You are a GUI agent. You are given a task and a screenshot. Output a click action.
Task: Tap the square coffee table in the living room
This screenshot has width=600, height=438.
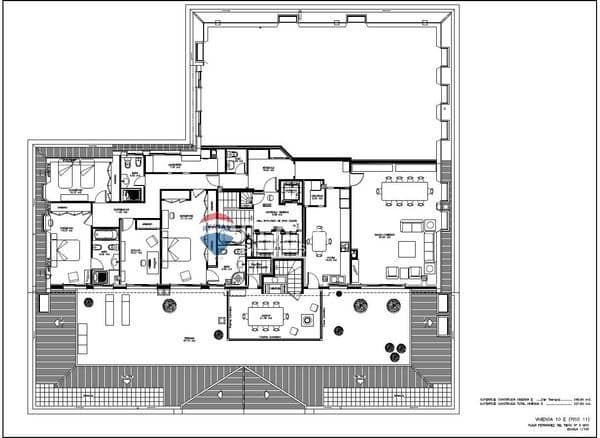click(x=408, y=249)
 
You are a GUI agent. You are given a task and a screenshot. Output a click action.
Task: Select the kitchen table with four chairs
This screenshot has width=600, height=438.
click(x=319, y=241)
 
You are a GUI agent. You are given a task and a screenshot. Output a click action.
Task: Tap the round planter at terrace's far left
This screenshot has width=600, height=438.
click(x=88, y=302)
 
